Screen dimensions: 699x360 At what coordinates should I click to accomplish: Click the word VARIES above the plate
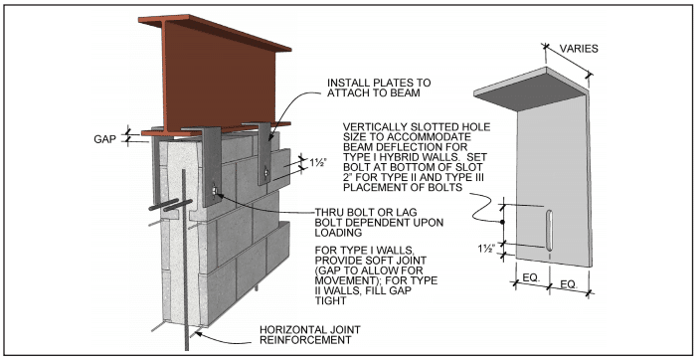point(579,49)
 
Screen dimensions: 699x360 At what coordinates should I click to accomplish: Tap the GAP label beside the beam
point(104,139)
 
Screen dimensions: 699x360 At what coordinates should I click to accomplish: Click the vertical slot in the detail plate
point(550,230)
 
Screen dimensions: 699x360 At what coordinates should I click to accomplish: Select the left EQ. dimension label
point(531,277)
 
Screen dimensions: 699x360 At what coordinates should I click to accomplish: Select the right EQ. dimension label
point(569,284)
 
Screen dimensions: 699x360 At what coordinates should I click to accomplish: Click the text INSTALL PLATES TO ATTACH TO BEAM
point(379,88)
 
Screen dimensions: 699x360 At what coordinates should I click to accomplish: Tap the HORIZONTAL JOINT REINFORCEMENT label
point(310,334)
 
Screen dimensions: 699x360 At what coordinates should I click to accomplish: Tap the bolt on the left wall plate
point(215,191)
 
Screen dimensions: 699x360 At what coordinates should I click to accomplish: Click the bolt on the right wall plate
point(265,171)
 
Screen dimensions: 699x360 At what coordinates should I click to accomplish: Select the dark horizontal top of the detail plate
point(531,90)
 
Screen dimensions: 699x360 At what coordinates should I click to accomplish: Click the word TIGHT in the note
point(331,300)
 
